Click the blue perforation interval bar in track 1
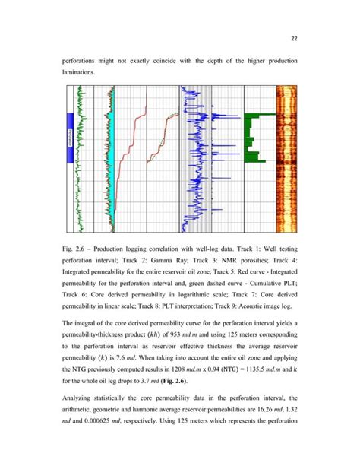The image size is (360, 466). [x=70, y=140]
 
